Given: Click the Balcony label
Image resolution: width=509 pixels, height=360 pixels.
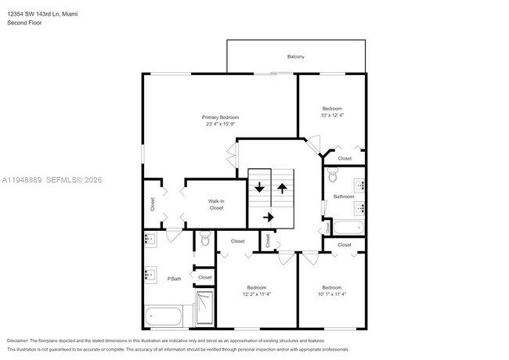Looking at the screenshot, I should (295, 56).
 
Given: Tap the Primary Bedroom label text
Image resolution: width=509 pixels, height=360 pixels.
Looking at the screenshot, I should (222, 117).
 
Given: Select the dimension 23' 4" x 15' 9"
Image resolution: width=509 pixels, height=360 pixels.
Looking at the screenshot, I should (222, 124).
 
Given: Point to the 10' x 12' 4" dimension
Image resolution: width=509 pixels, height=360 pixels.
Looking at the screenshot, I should (333, 115).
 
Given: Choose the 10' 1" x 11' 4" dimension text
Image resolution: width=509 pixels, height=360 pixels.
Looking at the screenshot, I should (332, 294).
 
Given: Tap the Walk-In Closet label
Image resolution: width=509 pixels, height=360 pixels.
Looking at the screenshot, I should (216, 204).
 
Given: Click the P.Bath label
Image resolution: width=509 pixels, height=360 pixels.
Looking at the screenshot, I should (174, 279).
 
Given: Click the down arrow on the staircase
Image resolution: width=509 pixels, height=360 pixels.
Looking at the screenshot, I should (259, 189).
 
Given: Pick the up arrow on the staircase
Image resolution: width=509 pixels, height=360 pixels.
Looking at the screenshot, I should (281, 189).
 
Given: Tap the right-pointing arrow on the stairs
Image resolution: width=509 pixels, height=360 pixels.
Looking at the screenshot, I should (269, 217).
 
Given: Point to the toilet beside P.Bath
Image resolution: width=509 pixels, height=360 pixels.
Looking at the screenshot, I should (205, 239).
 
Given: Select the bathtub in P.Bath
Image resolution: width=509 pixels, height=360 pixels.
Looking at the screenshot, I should (164, 317).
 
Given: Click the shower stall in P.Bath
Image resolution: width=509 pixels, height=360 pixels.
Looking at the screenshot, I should (204, 308).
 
